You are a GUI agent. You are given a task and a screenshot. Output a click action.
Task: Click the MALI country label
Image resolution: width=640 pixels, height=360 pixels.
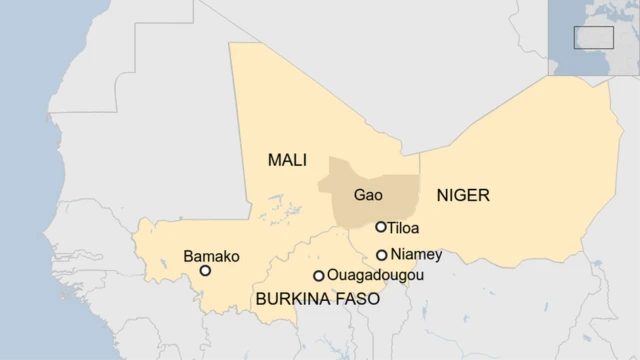(x=287, y=160)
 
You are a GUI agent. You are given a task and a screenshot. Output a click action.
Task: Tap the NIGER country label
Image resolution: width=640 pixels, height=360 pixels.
(x=463, y=195)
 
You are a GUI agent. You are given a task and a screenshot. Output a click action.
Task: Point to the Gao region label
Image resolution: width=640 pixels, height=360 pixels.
(x=368, y=196)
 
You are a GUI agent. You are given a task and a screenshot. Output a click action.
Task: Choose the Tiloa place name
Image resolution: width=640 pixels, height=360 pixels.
(x=403, y=228)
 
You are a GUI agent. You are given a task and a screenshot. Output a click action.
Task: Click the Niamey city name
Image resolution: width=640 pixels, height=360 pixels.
(x=416, y=254)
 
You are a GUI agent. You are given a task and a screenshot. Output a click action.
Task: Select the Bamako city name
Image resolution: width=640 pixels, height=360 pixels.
(x=211, y=257)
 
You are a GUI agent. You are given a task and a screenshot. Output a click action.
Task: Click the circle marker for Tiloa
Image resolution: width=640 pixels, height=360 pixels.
(x=381, y=227)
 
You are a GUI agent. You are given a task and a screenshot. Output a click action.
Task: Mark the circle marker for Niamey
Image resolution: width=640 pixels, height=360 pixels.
(x=382, y=255)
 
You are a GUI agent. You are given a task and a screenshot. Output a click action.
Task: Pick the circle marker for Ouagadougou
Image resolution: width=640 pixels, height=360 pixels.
(x=319, y=276)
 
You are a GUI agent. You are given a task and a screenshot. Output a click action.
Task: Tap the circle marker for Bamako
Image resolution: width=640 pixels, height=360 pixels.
(x=205, y=270)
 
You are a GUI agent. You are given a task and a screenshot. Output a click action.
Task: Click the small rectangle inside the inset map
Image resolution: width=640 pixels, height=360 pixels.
(x=593, y=37)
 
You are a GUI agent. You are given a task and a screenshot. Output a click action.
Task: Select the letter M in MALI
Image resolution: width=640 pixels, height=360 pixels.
(x=274, y=160)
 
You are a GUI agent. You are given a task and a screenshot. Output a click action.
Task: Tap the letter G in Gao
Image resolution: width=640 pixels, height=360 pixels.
(x=360, y=196)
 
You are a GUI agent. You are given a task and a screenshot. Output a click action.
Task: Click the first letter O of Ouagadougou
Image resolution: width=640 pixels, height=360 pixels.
(x=333, y=275)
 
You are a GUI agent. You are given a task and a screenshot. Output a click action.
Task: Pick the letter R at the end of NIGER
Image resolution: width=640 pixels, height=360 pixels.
(x=484, y=195)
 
